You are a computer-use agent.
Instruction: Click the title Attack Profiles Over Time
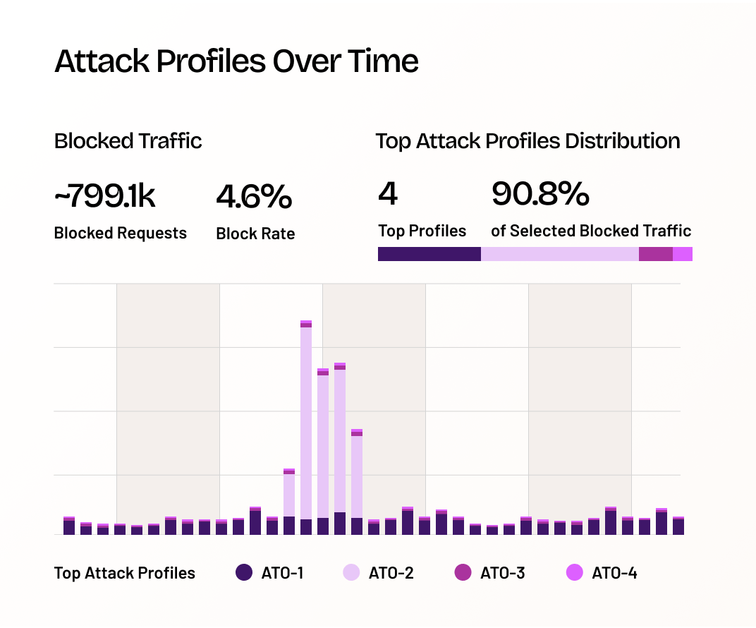pyautogui.click(x=236, y=61)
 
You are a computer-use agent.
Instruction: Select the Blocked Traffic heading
pyautogui.click(x=128, y=141)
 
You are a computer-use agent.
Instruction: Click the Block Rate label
pyautogui.click(x=255, y=234)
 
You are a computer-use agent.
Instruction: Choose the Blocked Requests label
pyautogui.click(x=120, y=233)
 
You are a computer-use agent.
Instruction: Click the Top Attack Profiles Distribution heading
pyautogui.click(x=528, y=141)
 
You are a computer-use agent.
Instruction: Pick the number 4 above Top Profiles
pyautogui.click(x=388, y=194)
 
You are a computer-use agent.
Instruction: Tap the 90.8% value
pyautogui.click(x=539, y=194)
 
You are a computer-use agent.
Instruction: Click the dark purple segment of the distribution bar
pyautogui.click(x=429, y=254)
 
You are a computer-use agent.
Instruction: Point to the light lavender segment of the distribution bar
pyautogui.click(x=559, y=254)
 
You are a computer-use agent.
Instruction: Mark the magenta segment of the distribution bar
pyautogui.click(x=655, y=254)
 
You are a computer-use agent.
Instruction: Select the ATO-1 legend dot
pyautogui.click(x=244, y=573)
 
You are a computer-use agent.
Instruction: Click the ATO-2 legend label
pyautogui.click(x=391, y=573)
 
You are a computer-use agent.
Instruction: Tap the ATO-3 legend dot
pyautogui.click(x=463, y=573)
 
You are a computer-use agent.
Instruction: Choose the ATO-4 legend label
pyautogui.click(x=614, y=573)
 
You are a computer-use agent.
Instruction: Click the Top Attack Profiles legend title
pyautogui.click(x=125, y=573)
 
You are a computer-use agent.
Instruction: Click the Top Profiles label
pyautogui.click(x=422, y=231)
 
